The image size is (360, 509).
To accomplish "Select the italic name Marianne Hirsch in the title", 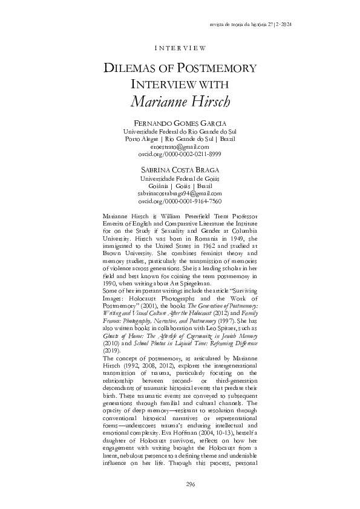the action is point(180,101).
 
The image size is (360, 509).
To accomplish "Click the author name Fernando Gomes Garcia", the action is point(180,123).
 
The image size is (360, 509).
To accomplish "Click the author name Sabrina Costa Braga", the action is point(180,171).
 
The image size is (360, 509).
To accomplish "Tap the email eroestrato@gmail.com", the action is point(180,146).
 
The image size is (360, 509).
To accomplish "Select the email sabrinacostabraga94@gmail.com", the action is point(180,193).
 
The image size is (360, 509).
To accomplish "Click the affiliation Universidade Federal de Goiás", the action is point(180,179).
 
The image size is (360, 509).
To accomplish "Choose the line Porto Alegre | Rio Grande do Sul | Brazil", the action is point(180,138).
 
